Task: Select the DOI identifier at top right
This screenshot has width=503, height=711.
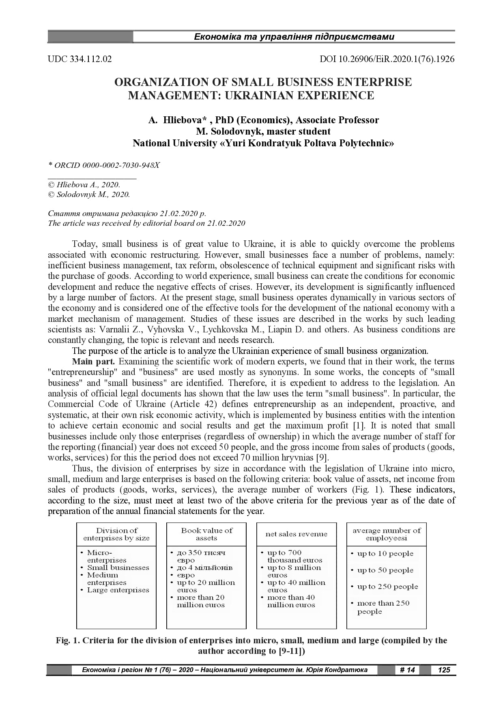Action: coord(387,59)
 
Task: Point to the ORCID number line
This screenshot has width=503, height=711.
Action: coord(104,165)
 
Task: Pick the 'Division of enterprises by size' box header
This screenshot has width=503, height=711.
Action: coord(116,534)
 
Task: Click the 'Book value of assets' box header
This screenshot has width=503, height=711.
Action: coord(206,534)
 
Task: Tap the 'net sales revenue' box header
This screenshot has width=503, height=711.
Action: coord(296,534)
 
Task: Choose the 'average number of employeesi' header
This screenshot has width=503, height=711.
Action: coord(386,534)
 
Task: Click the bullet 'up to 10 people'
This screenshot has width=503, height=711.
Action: coord(385,554)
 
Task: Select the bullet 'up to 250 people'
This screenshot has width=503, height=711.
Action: coord(387,587)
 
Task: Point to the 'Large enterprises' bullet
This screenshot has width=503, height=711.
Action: coord(118,590)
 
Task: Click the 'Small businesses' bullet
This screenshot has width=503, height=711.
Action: coord(118,568)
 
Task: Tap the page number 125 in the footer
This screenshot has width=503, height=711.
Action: coord(444,670)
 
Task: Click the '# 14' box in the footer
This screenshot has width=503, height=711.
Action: coord(407,670)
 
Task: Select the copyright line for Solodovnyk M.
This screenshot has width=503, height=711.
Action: coord(89,195)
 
